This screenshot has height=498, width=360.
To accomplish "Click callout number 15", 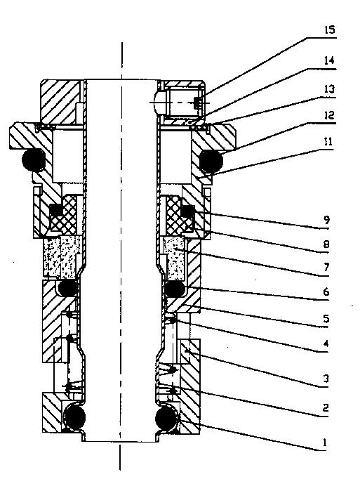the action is click(330, 30).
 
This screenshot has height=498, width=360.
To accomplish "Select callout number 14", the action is click(329, 60).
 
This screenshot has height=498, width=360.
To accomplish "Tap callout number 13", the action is click(329, 89).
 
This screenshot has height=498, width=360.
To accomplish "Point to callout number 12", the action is click(328, 115).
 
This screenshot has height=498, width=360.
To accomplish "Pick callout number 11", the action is click(328, 142).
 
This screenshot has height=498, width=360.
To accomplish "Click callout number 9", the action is click(326, 220).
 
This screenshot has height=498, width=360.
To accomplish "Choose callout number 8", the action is click(326, 244).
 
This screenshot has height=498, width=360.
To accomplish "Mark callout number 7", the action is click(326, 268).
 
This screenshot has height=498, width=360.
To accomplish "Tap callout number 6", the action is click(326, 291).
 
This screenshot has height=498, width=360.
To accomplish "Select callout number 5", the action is click(326, 319).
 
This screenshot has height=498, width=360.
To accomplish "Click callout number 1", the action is click(324, 442).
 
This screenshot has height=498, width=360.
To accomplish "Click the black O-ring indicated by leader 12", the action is click(211, 161).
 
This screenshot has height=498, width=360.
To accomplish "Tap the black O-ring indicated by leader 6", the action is click(175, 289).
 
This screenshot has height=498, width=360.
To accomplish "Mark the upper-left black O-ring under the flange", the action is click(34, 160).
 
